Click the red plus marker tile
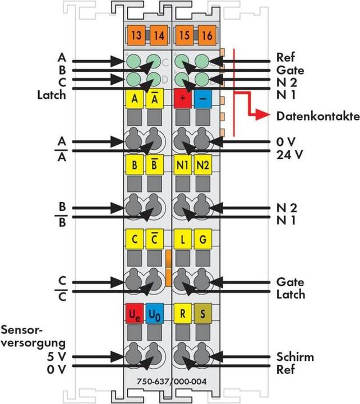click(x=183, y=99)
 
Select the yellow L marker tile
click(x=183, y=240)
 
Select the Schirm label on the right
click(x=296, y=356)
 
